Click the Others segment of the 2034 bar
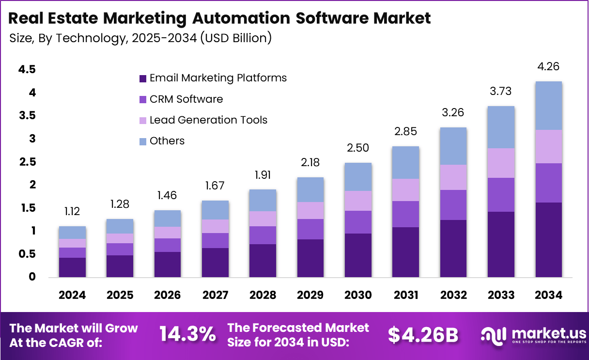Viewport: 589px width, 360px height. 548,106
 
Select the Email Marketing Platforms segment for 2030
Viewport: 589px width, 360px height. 358,255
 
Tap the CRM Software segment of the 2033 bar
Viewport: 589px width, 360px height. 501,195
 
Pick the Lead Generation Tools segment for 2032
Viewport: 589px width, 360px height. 453,177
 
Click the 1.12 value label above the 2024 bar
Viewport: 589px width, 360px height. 72,211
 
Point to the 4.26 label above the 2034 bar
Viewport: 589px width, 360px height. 548,66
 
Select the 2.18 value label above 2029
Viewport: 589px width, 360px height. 310,162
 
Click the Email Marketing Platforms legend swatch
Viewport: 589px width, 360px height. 142,78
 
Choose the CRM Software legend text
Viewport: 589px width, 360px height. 186,99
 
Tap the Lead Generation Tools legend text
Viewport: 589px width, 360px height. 208,120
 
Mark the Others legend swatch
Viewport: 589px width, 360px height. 142,141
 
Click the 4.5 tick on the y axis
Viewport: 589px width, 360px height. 27,70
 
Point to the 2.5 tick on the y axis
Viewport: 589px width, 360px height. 27,162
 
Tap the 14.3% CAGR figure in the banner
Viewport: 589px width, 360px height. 187,334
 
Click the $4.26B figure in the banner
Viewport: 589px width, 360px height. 423,335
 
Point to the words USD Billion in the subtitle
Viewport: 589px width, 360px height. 234,38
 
